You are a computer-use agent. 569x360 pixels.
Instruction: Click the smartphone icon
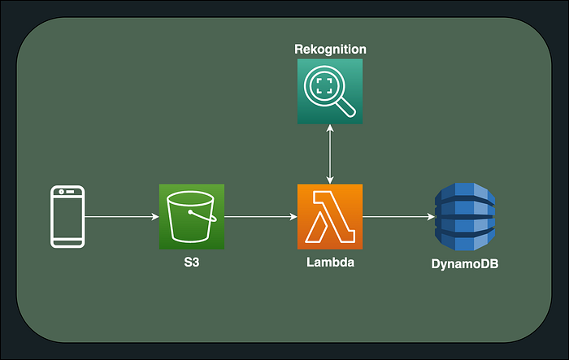67,216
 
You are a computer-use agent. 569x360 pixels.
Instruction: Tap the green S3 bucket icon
191,216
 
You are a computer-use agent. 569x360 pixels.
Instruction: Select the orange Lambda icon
329,216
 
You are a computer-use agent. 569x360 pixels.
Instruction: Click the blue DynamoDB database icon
464,217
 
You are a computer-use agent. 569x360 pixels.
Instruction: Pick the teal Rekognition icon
329,92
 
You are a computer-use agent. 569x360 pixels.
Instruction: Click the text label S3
191,263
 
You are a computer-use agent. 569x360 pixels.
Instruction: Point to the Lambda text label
329,263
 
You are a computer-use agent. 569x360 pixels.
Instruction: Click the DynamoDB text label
464,263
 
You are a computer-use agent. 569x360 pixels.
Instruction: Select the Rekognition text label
329,50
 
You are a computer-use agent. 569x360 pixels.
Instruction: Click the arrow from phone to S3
120,217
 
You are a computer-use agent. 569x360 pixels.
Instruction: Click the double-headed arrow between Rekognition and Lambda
329,154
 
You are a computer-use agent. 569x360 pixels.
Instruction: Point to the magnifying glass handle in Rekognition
346,108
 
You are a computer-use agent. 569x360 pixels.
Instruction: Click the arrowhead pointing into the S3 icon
154,217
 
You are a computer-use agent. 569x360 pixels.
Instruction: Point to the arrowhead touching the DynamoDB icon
430,217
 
